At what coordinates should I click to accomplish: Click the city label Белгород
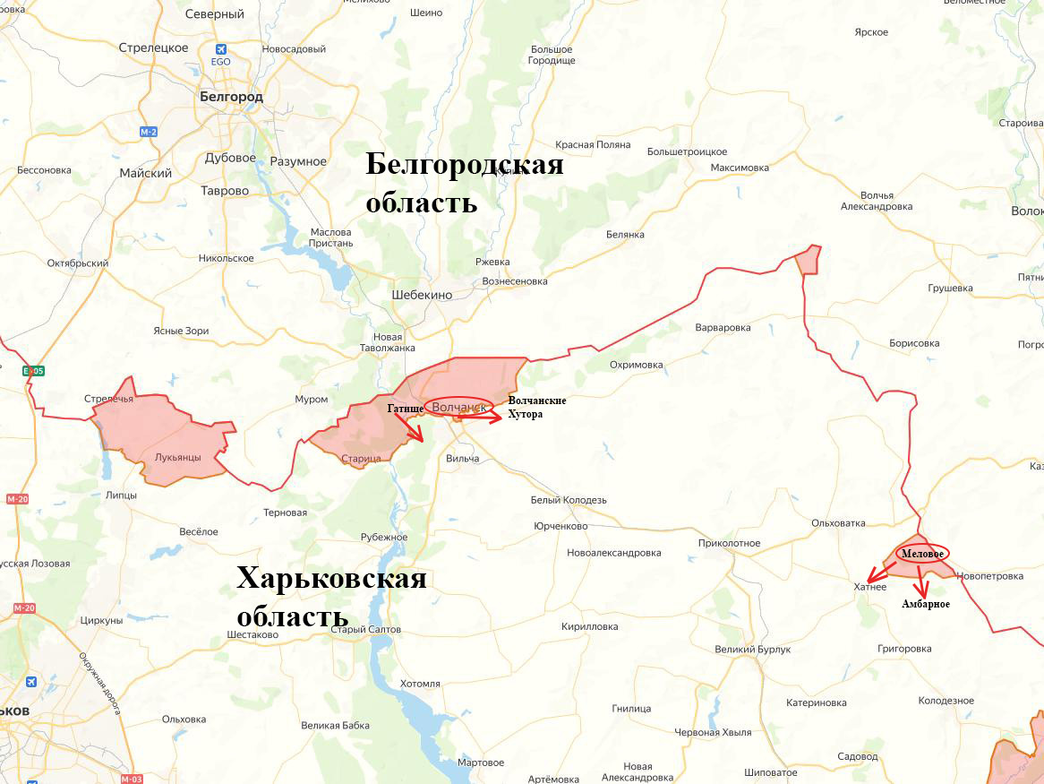point(231,96)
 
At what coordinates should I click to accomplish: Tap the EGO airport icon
point(220,50)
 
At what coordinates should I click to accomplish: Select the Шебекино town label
point(422,295)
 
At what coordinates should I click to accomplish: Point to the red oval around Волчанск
point(458,407)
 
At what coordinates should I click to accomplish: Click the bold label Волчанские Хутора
point(536,408)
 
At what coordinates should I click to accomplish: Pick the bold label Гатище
point(406,409)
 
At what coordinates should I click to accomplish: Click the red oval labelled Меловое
point(922,553)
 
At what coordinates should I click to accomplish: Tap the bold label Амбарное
point(926,605)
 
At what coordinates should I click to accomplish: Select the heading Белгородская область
point(464,184)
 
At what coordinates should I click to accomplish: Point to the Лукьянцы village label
point(177,457)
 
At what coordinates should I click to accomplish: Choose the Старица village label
point(361,459)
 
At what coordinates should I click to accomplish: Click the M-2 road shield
point(149,132)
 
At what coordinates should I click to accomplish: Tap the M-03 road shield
point(131,779)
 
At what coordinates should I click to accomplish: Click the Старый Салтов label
point(366,630)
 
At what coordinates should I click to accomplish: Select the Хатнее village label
point(869,587)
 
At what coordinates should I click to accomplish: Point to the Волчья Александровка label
point(876,201)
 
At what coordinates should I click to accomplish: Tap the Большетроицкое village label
point(687,151)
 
